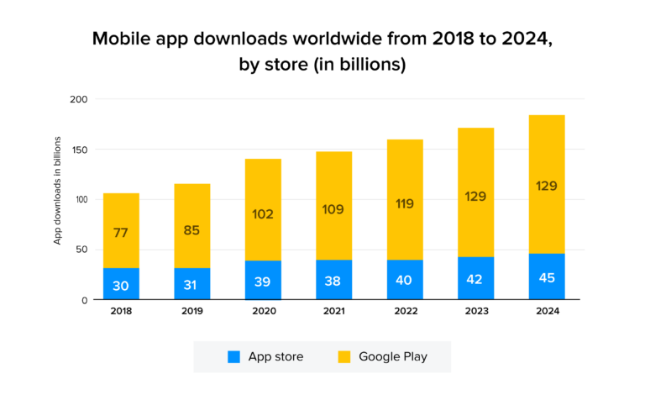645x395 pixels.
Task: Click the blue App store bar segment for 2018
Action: [x=121, y=284]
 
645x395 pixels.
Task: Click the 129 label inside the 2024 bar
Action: [x=546, y=186]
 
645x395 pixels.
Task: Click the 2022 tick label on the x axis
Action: [x=405, y=311]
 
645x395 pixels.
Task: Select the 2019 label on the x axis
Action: [x=191, y=311]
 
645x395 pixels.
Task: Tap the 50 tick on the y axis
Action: [x=81, y=250]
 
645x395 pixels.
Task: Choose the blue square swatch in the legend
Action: [x=233, y=356]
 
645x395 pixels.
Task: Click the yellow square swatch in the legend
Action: [x=343, y=356]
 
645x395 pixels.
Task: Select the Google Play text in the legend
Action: [x=392, y=356]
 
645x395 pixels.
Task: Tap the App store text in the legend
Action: [x=275, y=356]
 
